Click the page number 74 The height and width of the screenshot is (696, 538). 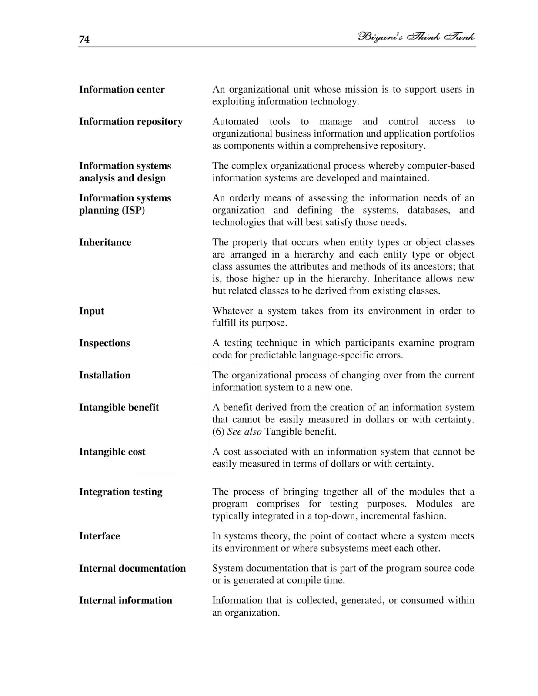point(84,39)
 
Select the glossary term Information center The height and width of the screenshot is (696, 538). point(122,90)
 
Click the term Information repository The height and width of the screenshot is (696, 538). point(130,122)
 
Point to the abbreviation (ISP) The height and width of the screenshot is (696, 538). point(129,210)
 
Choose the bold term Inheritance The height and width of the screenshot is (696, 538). point(105,242)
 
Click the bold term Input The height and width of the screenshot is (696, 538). point(91,311)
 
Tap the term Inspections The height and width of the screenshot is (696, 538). point(104,343)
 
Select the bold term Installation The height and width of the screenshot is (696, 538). point(104,375)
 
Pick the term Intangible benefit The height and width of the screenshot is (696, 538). point(119,408)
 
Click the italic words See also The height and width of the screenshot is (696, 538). point(244,432)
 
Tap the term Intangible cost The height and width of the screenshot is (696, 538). point(112,452)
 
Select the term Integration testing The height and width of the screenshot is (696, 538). point(120,492)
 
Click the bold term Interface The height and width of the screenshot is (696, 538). point(99,536)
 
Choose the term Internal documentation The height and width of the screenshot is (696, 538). point(132,569)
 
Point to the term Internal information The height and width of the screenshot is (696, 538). point(125,601)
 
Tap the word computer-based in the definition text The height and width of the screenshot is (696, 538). point(441,166)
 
